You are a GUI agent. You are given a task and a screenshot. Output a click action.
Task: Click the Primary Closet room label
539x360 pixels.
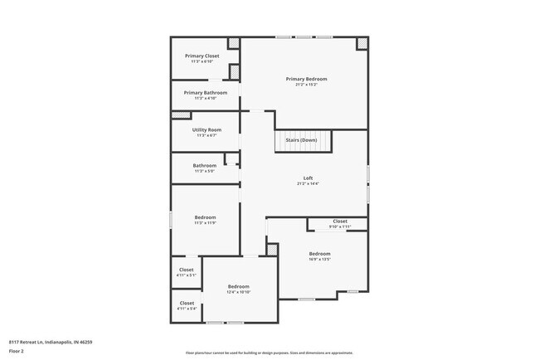click(202, 56)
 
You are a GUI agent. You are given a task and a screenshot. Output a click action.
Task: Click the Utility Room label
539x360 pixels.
click(206, 129)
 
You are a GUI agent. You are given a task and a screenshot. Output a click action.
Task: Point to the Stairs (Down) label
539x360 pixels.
click(302, 140)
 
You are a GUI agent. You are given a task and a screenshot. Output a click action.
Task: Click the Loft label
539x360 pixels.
click(308, 178)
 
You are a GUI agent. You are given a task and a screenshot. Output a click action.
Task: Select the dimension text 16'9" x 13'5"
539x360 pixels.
click(319, 259)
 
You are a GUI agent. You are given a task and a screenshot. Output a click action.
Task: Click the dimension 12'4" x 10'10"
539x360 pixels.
click(239, 292)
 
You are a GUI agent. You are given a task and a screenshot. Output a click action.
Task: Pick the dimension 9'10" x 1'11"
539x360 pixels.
click(340, 226)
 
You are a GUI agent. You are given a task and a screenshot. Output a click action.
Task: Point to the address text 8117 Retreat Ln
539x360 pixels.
click(51, 342)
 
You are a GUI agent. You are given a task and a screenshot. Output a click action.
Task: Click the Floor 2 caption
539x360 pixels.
click(17, 351)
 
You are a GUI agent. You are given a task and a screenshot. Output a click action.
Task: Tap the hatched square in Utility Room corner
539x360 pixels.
click(179, 115)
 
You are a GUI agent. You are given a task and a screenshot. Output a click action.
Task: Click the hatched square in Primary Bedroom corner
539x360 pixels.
click(362, 42)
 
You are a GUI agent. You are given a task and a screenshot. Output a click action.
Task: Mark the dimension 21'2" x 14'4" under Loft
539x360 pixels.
click(308, 183)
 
